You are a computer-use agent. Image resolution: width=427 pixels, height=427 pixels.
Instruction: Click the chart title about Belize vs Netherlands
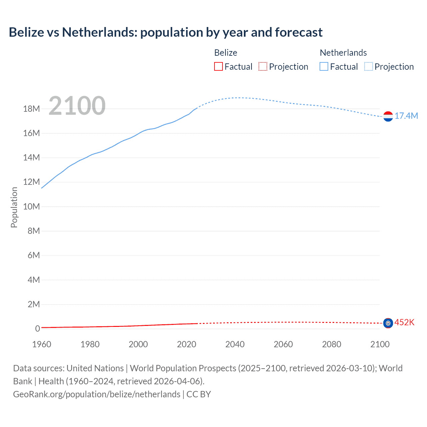coord(165,32)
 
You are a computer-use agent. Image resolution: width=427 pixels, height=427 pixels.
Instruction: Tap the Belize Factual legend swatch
coord(219,66)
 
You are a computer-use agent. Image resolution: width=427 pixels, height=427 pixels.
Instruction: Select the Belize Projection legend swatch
coord(263,66)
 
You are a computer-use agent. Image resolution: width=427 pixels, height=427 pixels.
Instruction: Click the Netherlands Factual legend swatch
coord(324,66)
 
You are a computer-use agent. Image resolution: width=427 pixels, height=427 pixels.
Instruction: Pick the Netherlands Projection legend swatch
coord(369,66)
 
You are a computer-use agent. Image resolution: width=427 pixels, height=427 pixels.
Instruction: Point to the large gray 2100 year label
coord(77,106)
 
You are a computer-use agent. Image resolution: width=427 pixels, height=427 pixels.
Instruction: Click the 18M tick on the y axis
coord(31,109)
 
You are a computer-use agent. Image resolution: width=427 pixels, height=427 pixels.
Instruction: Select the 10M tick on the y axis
coord(31,206)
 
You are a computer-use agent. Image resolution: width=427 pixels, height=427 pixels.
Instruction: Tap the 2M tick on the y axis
coord(33,304)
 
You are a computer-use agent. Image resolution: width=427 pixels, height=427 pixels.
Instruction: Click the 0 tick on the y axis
coord(37,329)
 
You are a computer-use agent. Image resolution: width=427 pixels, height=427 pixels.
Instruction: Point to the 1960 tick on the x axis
coord(42,344)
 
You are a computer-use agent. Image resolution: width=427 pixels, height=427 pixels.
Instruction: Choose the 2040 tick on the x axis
coord(235,344)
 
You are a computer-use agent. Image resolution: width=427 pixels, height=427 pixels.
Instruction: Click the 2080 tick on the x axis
coord(332,344)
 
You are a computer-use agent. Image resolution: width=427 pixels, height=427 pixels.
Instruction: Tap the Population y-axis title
coord(14,207)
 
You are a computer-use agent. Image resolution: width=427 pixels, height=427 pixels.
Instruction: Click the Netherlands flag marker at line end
coord(388,116)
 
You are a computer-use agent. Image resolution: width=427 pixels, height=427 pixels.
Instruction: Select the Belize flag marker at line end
coord(388,323)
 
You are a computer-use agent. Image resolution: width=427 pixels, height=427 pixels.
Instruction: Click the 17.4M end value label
coord(406,116)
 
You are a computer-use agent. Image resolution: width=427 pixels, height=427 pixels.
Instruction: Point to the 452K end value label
coord(404,322)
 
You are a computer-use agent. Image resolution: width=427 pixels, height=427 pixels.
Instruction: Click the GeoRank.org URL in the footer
coord(97,394)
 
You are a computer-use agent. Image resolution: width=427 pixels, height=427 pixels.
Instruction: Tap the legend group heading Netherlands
coord(343,53)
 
